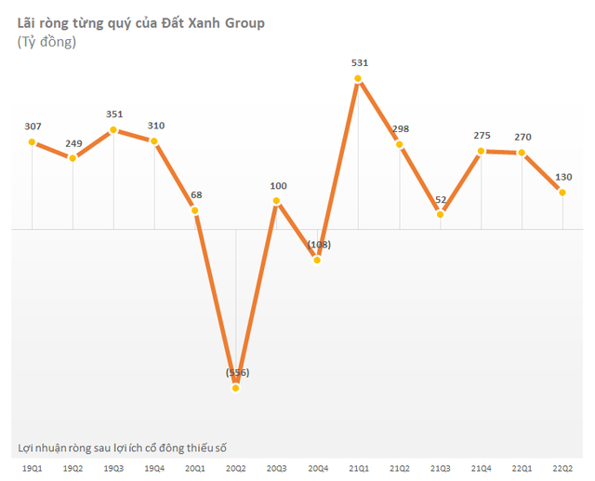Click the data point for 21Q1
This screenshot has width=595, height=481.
[x=358, y=78]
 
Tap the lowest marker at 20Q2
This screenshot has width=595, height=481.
[x=236, y=387]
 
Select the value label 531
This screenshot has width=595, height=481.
[x=359, y=62]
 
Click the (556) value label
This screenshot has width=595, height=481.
[x=236, y=372]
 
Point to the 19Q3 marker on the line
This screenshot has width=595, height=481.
[x=113, y=129]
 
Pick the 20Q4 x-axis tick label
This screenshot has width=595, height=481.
[x=317, y=468]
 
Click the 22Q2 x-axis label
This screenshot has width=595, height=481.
[x=562, y=468]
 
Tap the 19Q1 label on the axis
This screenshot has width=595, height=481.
[x=32, y=468]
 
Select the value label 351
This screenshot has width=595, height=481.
[x=113, y=114]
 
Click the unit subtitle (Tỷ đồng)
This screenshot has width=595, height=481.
[x=46, y=42]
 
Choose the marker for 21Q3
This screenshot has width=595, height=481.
[x=440, y=214]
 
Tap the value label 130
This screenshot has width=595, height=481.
[x=562, y=176]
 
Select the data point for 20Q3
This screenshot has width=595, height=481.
[x=276, y=200]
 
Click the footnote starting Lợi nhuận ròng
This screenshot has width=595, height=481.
[x=123, y=448]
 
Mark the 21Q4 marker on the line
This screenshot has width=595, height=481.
[x=481, y=150]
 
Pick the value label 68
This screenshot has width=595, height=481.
[x=195, y=194]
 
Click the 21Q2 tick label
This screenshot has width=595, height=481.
[x=399, y=468]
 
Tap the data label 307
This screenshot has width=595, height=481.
[x=32, y=127]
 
